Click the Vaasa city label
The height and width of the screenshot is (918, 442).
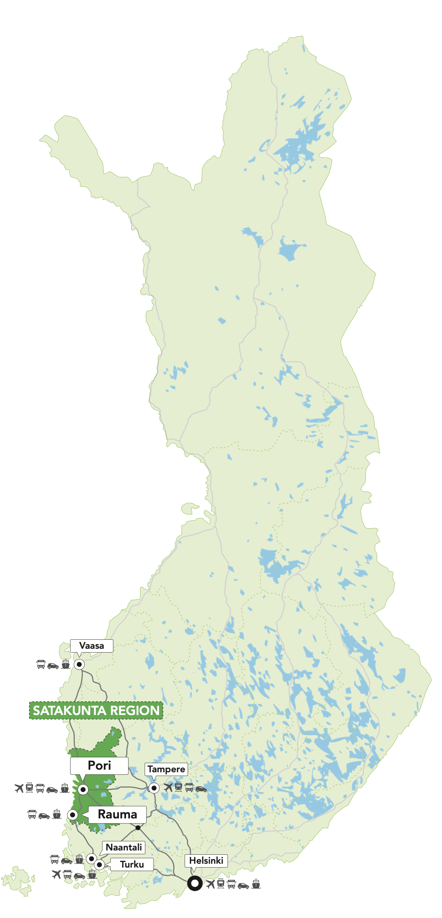[91, 646]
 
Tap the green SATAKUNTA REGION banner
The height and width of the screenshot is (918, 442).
[96, 710]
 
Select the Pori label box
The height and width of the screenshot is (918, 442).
[99, 765]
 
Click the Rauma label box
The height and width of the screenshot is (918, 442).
[117, 814]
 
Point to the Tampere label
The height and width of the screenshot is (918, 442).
[166, 769]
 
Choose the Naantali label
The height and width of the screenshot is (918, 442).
[124, 847]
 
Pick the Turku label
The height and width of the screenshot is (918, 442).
[132, 864]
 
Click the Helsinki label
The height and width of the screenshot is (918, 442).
[206, 860]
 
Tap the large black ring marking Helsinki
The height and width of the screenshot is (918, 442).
[195, 883]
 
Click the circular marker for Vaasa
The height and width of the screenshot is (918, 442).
[79, 665]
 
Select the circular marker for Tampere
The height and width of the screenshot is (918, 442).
[154, 788]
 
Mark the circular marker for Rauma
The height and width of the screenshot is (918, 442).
[73, 815]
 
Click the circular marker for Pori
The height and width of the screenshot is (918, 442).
[83, 789]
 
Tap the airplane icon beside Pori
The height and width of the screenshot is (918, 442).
[19, 788]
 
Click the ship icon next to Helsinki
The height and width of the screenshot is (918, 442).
[256, 884]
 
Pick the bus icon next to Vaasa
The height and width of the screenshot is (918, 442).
[41, 665]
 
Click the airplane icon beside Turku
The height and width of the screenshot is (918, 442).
[56, 874]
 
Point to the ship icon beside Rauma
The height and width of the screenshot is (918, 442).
[57, 815]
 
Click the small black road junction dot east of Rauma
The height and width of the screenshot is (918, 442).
[138, 828]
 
